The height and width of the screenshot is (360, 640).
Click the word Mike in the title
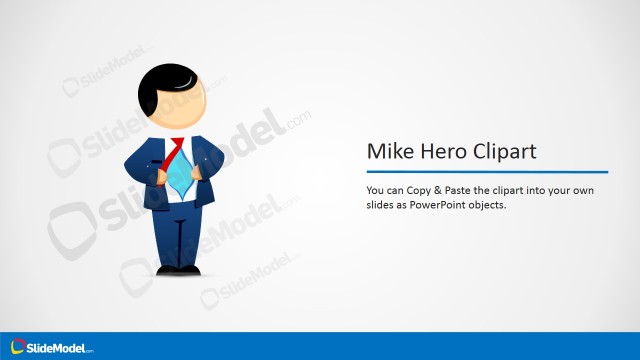coord(387,152)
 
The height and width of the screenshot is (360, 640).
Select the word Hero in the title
coord(437,152)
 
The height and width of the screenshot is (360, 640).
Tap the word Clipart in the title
coord(500,153)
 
